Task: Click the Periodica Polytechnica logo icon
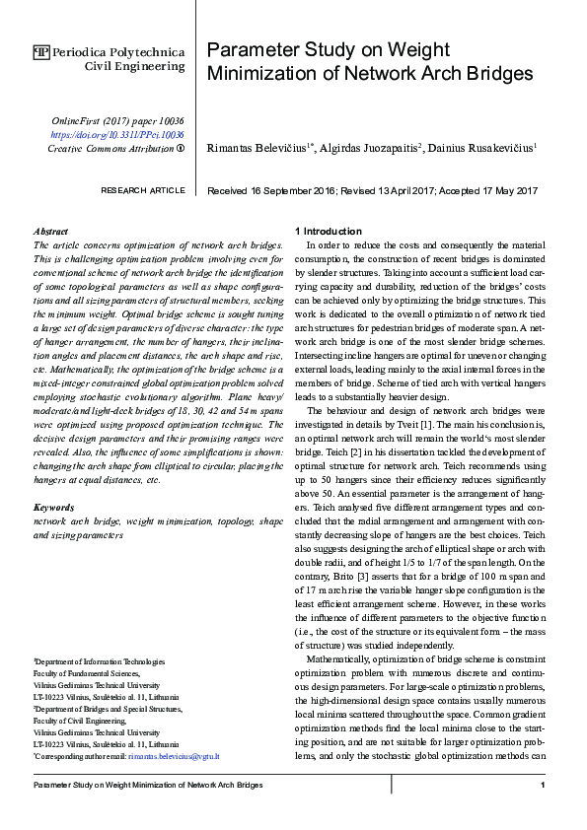41,51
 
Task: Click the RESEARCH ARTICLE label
143,190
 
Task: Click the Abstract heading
50,231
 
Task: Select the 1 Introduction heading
332,231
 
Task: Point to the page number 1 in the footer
543,785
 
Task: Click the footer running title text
148,785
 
